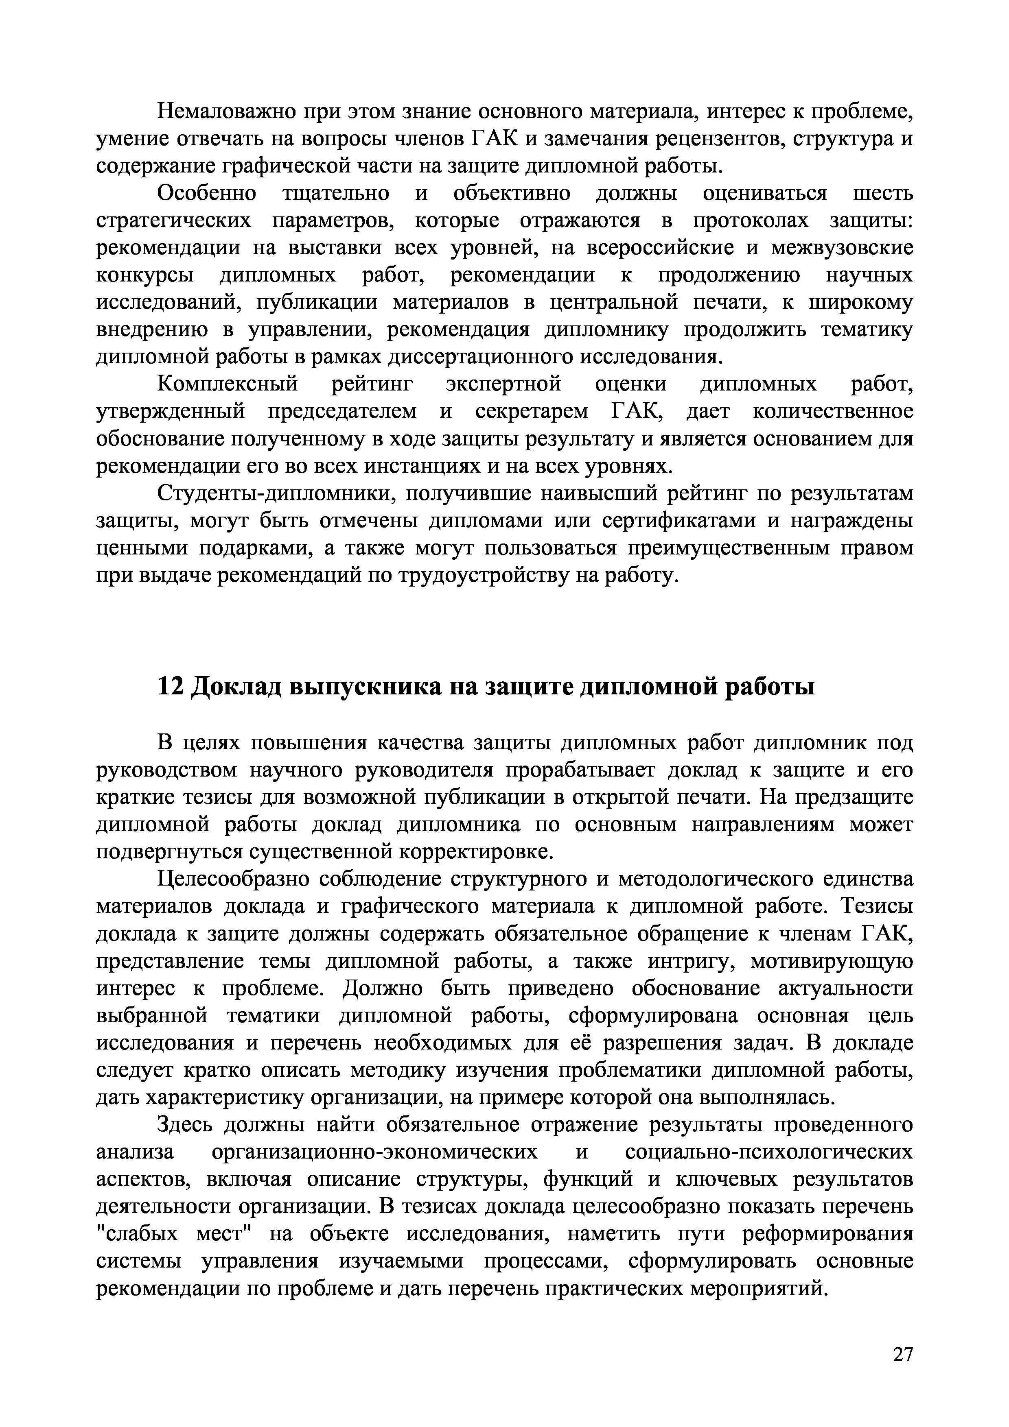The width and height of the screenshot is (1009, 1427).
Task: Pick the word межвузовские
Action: (x=843, y=248)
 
